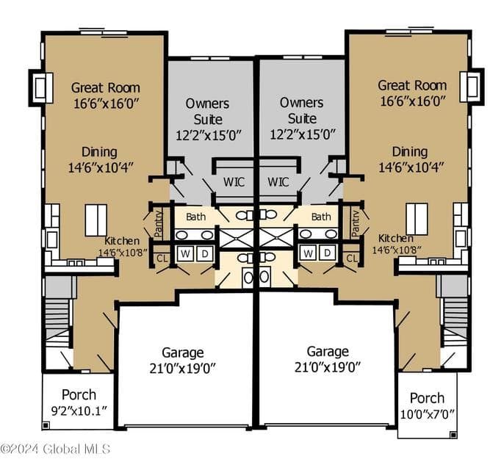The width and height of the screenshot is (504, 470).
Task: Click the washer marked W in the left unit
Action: coord(185,253)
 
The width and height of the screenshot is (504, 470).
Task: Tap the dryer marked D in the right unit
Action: coord(327,253)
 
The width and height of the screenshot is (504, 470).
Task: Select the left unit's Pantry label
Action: coord(159,223)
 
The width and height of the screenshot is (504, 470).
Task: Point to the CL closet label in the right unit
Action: coord(352,258)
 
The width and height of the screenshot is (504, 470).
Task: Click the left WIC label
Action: coord(234,182)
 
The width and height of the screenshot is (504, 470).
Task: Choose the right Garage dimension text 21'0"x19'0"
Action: coord(328,367)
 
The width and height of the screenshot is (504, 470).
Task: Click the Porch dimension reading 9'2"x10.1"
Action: coord(79,411)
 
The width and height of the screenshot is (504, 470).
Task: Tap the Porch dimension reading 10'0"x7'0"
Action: coord(427,413)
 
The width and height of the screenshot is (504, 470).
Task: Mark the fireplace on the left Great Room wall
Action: coord(41,87)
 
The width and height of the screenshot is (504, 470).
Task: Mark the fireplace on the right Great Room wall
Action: coord(472,87)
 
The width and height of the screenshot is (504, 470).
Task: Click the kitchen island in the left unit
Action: coord(96,220)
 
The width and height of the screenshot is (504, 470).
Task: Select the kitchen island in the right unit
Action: coord(417,219)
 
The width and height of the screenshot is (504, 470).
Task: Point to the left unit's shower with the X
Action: coord(237,238)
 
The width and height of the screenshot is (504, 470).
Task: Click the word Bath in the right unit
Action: coord(321,217)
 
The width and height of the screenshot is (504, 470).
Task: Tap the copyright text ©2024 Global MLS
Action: coord(55,449)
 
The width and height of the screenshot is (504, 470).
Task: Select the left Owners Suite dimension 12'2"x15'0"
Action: coord(209,135)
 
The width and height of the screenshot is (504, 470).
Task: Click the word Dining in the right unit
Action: coord(410,151)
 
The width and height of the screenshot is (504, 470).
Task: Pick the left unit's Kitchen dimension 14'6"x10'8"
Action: coord(123,252)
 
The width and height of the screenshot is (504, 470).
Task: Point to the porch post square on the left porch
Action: coord(46,425)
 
